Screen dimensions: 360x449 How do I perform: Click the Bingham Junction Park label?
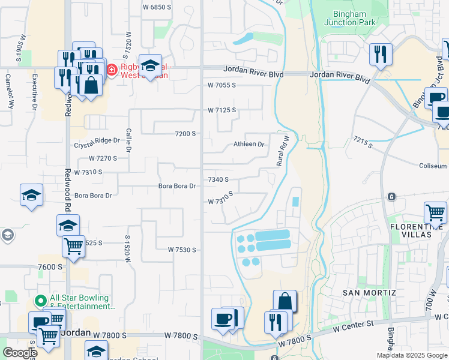click(x=350, y=17)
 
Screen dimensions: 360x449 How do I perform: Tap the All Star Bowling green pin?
click(x=41, y=300)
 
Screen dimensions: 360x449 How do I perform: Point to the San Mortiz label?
click(x=369, y=292)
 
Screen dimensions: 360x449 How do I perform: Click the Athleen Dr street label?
click(x=249, y=144)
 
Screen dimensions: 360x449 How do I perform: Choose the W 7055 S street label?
click(x=221, y=86)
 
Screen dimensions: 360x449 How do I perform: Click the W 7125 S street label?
click(x=221, y=110)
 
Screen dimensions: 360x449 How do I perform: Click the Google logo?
click(x=19, y=352)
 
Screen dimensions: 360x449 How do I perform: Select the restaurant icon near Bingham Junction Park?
click(x=381, y=54)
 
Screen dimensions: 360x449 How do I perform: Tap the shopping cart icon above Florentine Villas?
click(x=435, y=212)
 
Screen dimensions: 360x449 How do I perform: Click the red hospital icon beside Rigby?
click(x=111, y=70)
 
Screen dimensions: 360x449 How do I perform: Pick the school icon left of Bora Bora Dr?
click(x=31, y=195)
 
